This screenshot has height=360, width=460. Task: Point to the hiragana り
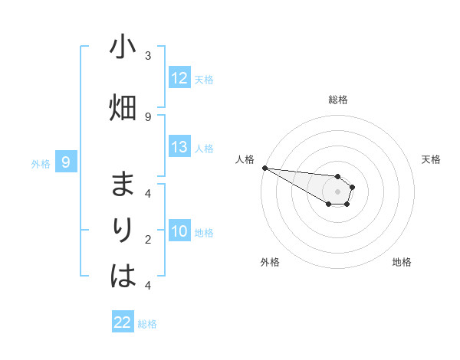click(x=123, y=231)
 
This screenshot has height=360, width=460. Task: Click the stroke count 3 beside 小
click(x=148, y=56)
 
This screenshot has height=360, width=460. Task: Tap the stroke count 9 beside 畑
click(x=148, y=116)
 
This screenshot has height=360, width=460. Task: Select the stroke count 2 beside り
click(x=148, y=240)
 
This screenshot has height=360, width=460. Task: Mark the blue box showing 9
click(x=66, y=162)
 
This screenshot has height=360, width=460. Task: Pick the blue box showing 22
click(x=123, y=322)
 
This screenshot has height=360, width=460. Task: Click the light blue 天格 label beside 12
click(x=204, y=79)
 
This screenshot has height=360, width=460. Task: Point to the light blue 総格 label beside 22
click(x=147, y=323)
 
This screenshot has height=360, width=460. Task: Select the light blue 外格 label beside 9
click(x=41, y=163)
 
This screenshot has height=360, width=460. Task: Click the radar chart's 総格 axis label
click(x=338, y=100)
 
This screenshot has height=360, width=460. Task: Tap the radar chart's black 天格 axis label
click(x=432, y=159)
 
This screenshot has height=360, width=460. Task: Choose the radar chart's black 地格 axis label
click(x=402, y=262)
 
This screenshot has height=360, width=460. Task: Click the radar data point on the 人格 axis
click(x=264, y=167)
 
